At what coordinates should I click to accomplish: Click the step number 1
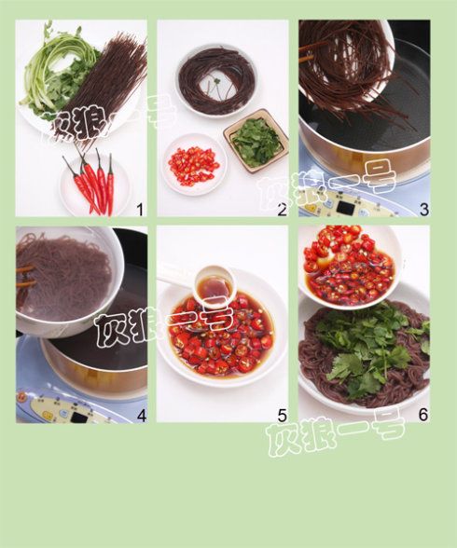click(x=140, y=210)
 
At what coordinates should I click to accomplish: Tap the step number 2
click(x=282, y=210)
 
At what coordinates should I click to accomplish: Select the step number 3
click(x=423, y=210)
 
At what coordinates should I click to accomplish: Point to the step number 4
click(x=141, y=416)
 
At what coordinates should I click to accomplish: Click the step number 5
click(x=283, y=416)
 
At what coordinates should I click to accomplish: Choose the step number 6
click(x=423, y=415)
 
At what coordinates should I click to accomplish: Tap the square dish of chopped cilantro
click(x=256, y=142)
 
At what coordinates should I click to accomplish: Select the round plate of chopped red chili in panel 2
click(x=194, y=164)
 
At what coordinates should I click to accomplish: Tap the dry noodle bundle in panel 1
click(x=102, y=88)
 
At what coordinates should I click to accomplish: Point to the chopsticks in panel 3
click(x=306, y=53)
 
